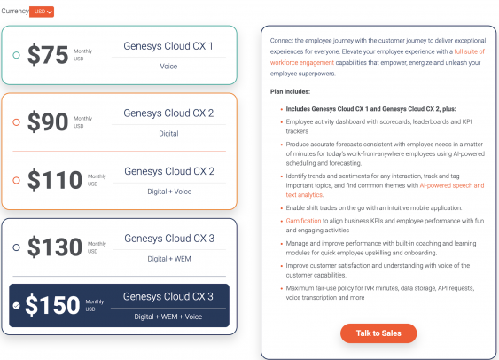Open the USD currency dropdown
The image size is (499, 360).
coord(42,12)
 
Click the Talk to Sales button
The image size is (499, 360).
coord(378,333)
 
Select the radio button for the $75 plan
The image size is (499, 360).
coord(17,56)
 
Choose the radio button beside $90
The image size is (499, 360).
coord(17,122)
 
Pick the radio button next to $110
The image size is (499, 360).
coord(17,180)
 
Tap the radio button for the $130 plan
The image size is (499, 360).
coord(17,247)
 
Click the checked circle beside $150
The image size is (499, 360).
coord(17,305)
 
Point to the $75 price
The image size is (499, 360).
coord(48,55)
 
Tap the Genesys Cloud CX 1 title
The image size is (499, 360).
coord(168,45)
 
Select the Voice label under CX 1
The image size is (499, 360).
coord(168,66)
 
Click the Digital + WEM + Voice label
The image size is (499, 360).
coord(168,316)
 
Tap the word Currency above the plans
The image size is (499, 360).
coord(15,11)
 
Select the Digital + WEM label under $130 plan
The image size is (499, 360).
coord(168,258)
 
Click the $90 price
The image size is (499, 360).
coord(48,122)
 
